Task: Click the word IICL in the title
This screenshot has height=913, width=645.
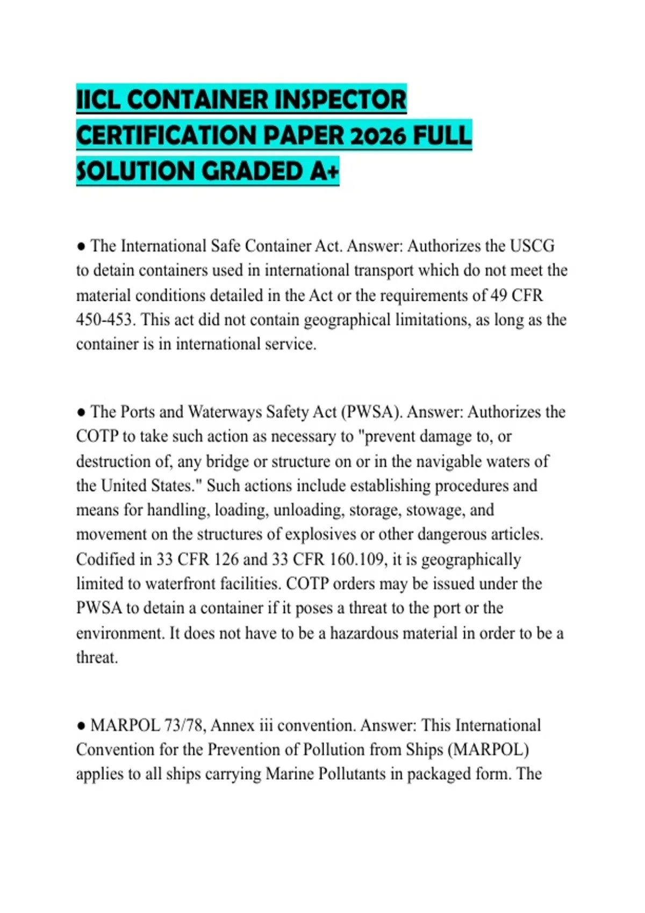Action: click(x=98, y=100)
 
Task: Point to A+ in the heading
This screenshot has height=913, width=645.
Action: click(x=324, y=171)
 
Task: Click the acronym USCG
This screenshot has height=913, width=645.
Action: click(x=532, y=246)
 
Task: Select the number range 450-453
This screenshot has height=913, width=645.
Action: click(x=104, y=320)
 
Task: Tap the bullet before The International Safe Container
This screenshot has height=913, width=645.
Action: click(x=81, y=247)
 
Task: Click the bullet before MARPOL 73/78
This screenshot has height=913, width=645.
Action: click(x=81, y=726)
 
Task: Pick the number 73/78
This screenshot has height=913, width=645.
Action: click(x=185, y=726)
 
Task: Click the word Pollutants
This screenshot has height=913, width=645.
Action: click(x=352, y=774)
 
